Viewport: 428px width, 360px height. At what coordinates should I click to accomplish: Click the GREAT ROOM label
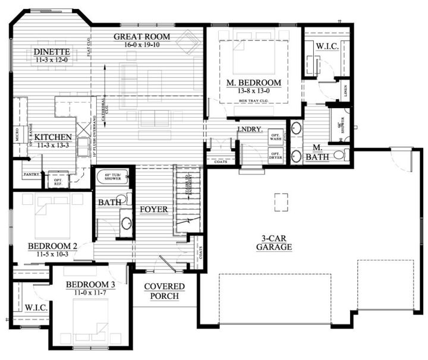[x=142, y=37]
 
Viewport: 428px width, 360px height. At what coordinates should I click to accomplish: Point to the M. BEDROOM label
[x=253, y=83]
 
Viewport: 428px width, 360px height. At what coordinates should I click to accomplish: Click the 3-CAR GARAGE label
[x=274, y=242]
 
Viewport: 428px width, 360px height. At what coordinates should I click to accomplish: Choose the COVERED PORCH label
[x=164, y=291]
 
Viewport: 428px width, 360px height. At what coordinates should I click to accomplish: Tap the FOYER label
[x=153, y=210]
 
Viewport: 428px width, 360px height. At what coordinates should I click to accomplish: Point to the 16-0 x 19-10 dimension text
[x=142, y=45]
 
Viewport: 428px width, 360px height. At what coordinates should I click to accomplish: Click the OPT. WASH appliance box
[x=275, y=136]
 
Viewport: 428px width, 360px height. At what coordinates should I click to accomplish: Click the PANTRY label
[x=31, y=175]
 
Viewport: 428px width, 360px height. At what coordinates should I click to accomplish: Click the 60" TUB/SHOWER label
[x=112, y=177]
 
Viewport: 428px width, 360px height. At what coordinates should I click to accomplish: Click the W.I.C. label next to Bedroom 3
[x=32, y=308]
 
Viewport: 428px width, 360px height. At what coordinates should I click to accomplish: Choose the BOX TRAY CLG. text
[x=253, y=101]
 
